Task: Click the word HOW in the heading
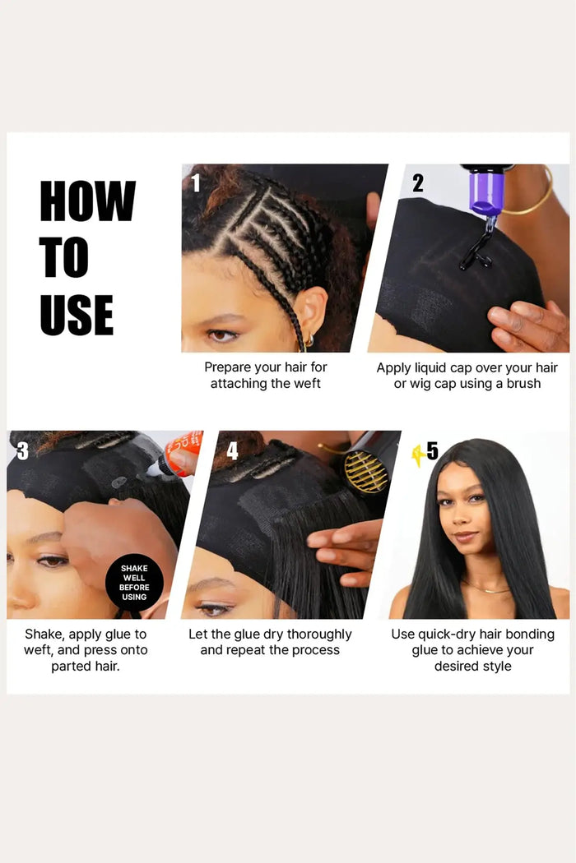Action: pos(88,201)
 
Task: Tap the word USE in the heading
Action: pos(77,315)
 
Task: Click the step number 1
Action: pos(195,182)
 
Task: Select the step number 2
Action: pos(418,183)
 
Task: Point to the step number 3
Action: pos(22,451)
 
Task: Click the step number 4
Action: pos(233,450)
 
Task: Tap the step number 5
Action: pos(433,450)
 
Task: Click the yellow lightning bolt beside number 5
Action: pos(418,455)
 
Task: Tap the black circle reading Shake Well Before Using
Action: pos(134,582)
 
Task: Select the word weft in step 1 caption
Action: pos(308,384)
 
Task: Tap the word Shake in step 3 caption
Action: pos(44,635)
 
